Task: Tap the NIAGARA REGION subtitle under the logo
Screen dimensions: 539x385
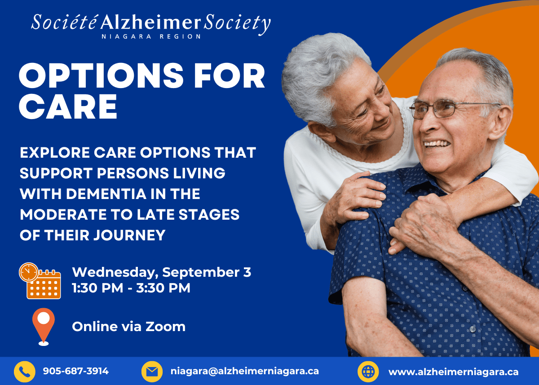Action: pyautogui.click(x=151, y=36)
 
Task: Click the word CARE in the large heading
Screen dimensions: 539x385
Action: pyautogui.click(x=68, y=106)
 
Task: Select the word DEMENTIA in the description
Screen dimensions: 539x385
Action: pyautogui.click(x=106, y=194)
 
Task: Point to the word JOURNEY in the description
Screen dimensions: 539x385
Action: pyautogui.click(x=129, y=235)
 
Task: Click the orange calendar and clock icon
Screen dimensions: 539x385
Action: pyautogui.click(x=40, y=281)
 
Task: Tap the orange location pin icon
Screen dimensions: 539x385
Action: pyautogui.click(x=44, y=327)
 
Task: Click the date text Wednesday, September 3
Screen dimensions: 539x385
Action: pyautogui.click(x=161, y=272)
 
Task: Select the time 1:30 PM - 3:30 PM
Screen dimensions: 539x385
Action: pyautogui.click(x=131, y=288)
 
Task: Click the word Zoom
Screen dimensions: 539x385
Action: pyautogui.click(x=165, y=327)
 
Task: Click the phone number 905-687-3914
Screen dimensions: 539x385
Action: pyautogui.click(x=76, y=371)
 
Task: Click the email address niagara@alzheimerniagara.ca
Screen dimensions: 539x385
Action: pyautogui.click(x=245, y=371)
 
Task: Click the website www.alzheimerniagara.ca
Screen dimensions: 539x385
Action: pyautogui.click(x=454, y=372)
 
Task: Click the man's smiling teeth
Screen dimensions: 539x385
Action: pyautogui.click(x=437, y=144)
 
